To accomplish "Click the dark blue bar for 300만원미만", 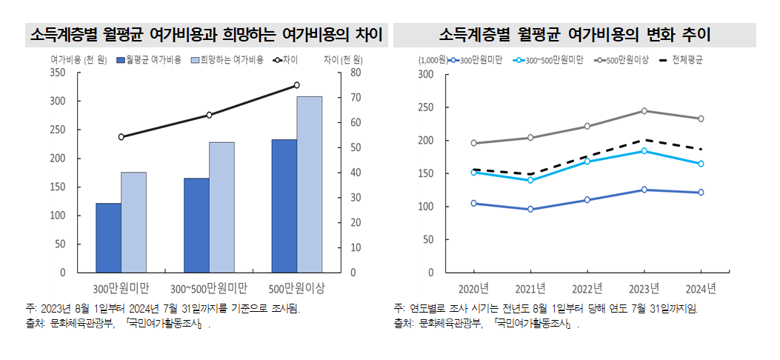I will pos(108,237).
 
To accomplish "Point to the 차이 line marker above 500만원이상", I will pos(296,85).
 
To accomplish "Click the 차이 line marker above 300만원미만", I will pos(121,137).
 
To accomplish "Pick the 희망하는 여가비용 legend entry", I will pos(227,59).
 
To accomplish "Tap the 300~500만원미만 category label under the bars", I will pos(209,287).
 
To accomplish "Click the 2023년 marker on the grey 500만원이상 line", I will pos(644,111).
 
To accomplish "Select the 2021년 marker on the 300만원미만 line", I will pos(530,210).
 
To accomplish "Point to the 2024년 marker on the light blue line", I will pos(701,164).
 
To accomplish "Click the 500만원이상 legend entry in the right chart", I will pos(622,59).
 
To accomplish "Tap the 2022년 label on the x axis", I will pos(587,287).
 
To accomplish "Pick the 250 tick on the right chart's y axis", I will pos(425,107).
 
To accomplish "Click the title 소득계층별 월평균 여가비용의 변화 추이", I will pos(575,35).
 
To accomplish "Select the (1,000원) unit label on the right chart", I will pos(431,59).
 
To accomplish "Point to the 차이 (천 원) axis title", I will pos(341,59).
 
